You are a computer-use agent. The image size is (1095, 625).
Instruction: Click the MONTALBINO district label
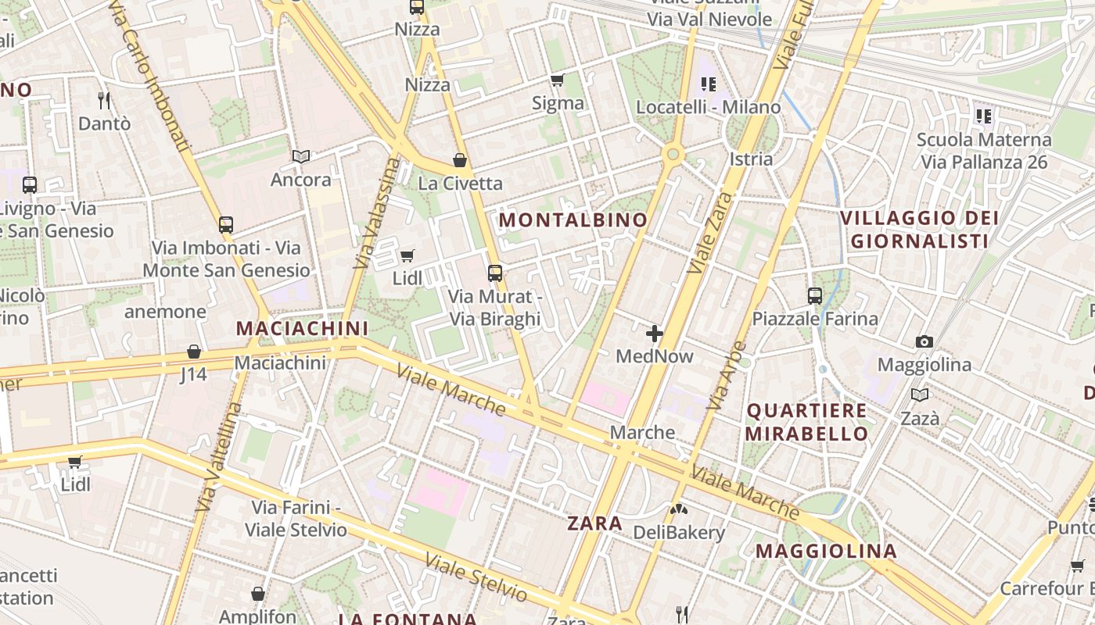coord(573,220)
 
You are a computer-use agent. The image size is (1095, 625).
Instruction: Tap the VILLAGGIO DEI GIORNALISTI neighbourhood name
coord(919,229)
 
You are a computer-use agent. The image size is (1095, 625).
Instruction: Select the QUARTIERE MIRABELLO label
coord(806,422)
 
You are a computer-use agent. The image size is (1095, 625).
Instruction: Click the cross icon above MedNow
coord(655,334)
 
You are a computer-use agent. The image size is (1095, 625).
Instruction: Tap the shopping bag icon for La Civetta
coord(460,160)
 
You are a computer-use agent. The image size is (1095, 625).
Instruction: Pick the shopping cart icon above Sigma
coord(558,80)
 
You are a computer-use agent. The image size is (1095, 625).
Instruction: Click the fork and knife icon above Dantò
coord(104,100)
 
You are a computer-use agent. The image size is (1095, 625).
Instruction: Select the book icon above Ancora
coord(301,156)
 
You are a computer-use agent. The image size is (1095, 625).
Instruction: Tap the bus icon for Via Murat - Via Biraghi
coord(495,273)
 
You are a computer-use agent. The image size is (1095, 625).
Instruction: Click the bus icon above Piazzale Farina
coord(815,296)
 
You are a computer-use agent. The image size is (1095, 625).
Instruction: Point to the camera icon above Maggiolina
coord(924,341)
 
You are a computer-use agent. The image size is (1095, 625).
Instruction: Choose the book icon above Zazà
coord(920,395)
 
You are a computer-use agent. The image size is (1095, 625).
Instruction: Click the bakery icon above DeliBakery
coord(678,509)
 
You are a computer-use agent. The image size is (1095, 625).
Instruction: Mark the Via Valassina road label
coord(378,213)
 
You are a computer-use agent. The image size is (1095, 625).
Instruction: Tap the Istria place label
coord(751,159)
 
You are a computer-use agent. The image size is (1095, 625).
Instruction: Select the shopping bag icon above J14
coord(194,352)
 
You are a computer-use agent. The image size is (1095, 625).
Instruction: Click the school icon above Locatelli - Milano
coord(709,84)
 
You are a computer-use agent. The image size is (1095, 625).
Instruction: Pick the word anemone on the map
coord(165,312)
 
